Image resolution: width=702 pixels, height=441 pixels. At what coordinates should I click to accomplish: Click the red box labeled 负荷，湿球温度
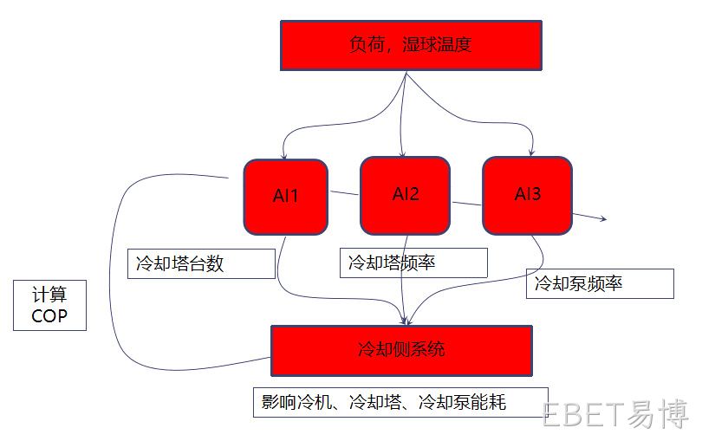coord(411,45)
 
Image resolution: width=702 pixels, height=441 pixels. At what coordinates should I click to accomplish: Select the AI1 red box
coord(286,197)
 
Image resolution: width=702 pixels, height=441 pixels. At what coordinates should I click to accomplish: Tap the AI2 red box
coord(406,195)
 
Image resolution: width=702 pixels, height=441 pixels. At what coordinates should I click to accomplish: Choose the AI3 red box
coord(528,195)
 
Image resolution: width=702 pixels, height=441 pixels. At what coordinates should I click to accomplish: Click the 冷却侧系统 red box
coord(401,351)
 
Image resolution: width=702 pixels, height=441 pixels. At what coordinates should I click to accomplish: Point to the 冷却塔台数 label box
coord(201,263)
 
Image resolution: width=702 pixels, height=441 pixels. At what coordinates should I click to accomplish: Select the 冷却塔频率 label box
coord(413,263)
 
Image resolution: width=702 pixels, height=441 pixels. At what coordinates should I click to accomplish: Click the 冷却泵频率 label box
coord(600,283)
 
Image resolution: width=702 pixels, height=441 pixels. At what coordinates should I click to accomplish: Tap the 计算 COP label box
coord(49,305)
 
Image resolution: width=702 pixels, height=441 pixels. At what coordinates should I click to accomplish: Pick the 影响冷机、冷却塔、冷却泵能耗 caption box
coord(400,402)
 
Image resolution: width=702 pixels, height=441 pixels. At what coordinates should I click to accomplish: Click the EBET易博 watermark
coord(615,413)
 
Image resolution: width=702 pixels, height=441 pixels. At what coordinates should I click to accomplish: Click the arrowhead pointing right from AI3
coord(603,218)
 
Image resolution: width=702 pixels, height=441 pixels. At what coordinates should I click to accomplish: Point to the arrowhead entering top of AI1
coord(284,156)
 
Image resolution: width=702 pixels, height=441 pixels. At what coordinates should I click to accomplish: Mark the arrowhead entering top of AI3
coord(531,152)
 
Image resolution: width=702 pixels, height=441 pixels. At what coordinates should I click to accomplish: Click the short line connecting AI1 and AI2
coord(344,193)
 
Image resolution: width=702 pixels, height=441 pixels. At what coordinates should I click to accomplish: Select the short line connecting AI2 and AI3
coord(466,204)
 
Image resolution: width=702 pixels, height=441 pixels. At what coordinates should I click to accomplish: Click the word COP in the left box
coord(49,315)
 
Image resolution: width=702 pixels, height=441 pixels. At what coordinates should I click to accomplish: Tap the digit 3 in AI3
coord(536,194)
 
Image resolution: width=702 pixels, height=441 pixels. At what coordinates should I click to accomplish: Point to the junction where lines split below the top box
coord(406,74)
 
